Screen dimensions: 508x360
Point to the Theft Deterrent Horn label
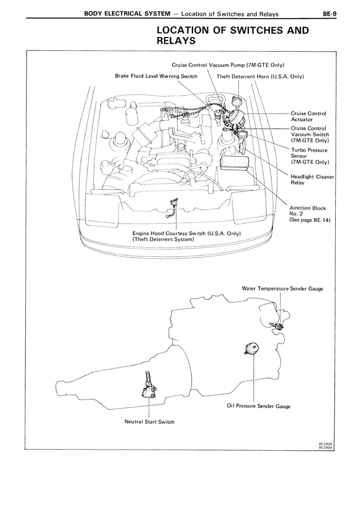click(x=260, y=76)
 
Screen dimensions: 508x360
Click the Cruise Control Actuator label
click(x=308, y=116)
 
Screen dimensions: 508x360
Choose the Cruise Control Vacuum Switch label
click(x=309, y=134)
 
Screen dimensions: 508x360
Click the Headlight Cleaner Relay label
click(x=312, y=179)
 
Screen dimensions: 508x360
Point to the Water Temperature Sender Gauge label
click(x=282, y=288)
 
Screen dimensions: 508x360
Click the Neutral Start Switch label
click(x=150, y=421)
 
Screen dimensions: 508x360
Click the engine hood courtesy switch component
click(x=172, y=206)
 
